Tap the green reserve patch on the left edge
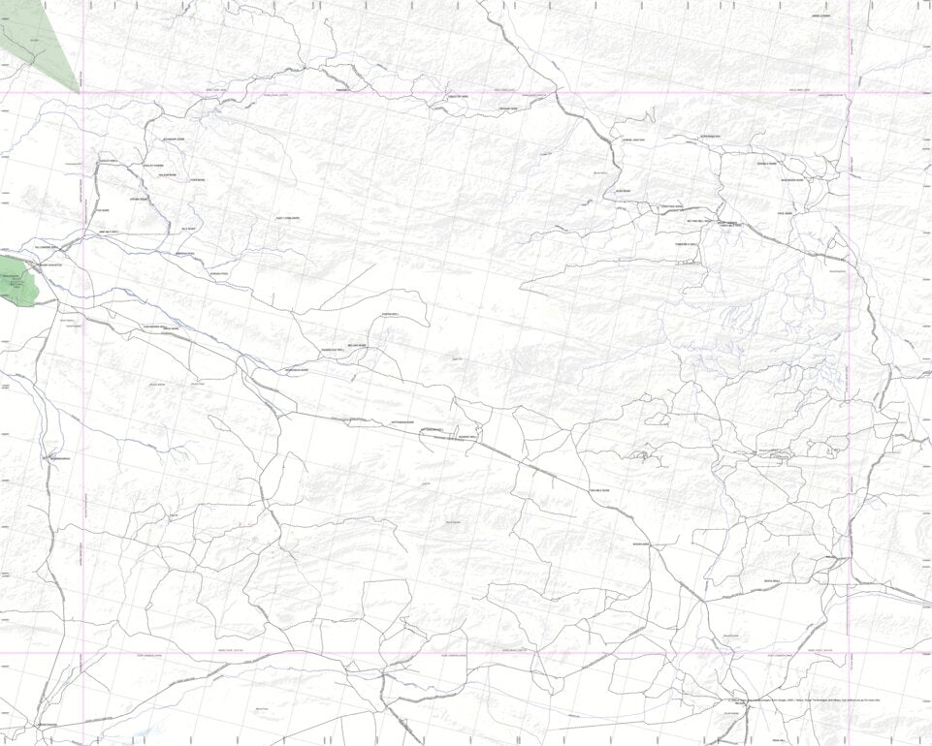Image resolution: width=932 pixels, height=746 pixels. click(17, 281)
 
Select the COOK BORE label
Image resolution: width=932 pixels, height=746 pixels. click(198, 179)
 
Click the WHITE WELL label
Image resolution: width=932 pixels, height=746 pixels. click(771, 580)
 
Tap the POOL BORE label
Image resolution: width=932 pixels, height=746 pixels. click(785, 212)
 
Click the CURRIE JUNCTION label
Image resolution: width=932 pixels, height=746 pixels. click(632, 140)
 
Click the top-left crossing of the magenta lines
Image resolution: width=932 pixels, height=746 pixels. click(83, 94)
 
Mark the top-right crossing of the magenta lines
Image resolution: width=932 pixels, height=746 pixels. click(849, 94)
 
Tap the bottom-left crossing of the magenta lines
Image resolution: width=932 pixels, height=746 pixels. click(83, 652)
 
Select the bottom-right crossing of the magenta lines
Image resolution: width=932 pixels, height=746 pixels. click(849, 652)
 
